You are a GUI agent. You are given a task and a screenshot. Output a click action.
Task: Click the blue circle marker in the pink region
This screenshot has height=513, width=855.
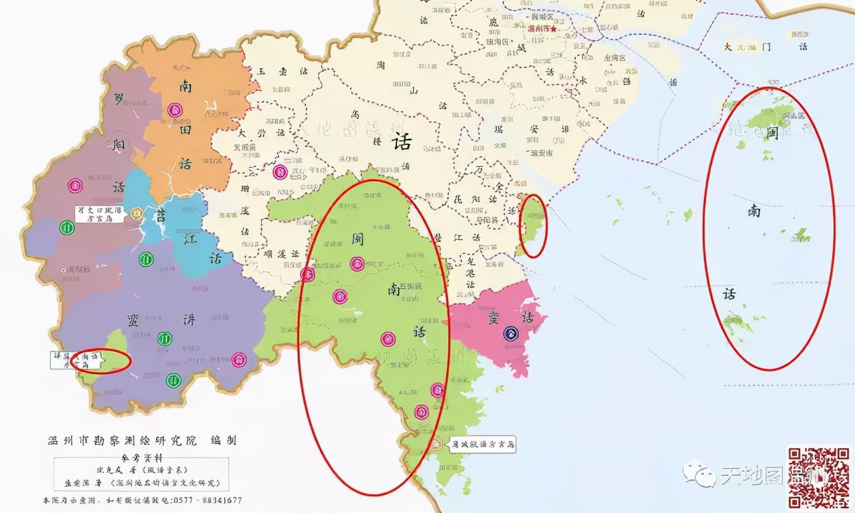pos(511,331)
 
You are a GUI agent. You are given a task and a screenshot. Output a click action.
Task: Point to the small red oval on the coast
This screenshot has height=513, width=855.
pos(534,226)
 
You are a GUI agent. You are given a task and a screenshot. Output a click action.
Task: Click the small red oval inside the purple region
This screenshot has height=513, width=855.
pos(101,361)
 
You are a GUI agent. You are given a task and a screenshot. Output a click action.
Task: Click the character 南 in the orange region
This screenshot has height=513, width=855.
pos(185,85)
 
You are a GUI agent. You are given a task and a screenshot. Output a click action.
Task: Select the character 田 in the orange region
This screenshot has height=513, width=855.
pos(185,130)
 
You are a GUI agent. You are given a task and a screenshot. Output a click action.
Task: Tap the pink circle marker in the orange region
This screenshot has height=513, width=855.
pos(174,110)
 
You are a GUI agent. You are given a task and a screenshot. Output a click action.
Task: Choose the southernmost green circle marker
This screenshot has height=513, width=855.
pos(174,380)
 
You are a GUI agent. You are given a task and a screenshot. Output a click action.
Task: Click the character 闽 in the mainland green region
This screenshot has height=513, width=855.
pos(356,238)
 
